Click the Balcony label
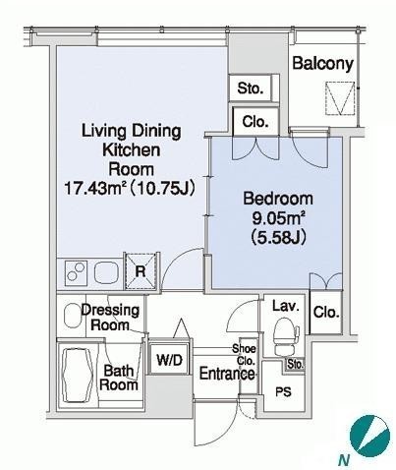coord(322,63)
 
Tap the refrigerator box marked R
coord(141,271)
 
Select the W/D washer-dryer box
coord(169,359)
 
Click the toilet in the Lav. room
coord(286,336)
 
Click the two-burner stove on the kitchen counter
coord(77,271)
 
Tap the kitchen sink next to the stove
coord(106,272)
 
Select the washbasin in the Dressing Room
coord(73,316)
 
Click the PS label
coord(283,392)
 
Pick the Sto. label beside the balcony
coord(251,88)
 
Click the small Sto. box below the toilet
coord(295,364)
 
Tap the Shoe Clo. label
coord(245,355)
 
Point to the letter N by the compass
coord(344,461)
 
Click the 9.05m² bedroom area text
coord(278,218)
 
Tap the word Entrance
coord(227,374)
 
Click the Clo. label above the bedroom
coord(255,122)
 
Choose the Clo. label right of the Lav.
coord(326,312)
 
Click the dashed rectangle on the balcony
coord(340,98)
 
